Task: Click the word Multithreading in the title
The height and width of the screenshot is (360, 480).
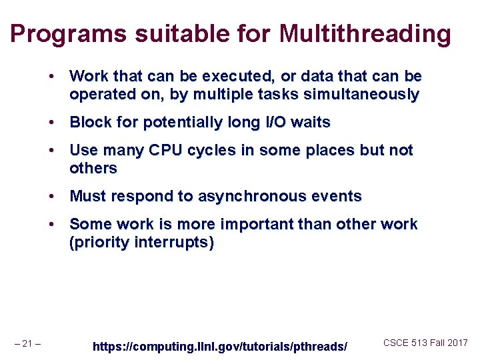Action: [365, 33]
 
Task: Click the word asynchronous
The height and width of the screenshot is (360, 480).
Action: [243, 197]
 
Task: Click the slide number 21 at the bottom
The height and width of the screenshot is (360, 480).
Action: [27, 344]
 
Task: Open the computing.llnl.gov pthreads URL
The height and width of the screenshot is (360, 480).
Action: [219, 347]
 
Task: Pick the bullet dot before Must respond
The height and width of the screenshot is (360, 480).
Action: [51, 197]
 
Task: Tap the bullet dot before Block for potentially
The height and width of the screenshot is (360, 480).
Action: [51, 123]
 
